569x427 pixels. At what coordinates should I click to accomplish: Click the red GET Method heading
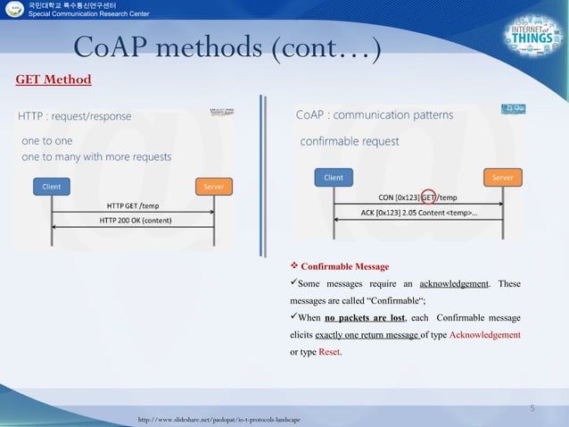click(54, 80)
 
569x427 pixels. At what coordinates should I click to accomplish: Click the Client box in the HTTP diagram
click(52, 187)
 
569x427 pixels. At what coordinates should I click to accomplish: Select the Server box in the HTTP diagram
click(214, 187)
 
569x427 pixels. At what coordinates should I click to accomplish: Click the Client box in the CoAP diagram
click(334, 178)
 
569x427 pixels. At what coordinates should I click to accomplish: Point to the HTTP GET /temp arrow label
click(133, 205)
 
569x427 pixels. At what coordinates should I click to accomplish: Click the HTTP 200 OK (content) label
click(136, 220)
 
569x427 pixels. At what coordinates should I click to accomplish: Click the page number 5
click(532, 408)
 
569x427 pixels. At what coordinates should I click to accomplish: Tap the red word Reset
click(329, 351)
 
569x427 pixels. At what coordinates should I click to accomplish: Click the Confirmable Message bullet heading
click(344, 266)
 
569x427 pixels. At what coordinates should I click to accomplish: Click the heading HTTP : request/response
click(75, 116)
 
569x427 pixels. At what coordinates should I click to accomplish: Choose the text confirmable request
click(349, 141)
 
